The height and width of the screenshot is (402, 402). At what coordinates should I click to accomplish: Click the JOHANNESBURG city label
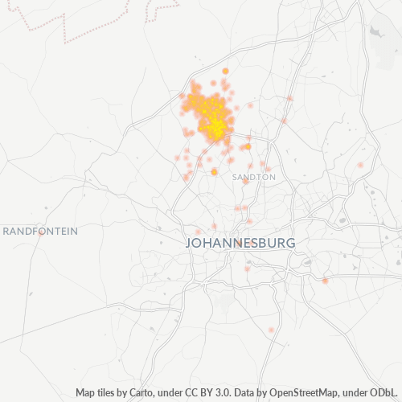pos(240,242)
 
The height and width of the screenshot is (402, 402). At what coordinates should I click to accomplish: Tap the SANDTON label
pos(253,176)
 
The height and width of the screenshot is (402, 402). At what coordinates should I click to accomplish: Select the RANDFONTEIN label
pos(40,231)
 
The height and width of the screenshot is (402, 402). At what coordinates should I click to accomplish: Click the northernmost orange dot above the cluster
pos(225,71)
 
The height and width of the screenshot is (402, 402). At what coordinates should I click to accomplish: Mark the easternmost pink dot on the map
pos(359,165)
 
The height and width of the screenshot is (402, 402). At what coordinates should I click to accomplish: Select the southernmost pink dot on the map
pos(272,330)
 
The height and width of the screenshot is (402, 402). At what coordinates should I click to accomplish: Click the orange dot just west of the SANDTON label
pos(215,171)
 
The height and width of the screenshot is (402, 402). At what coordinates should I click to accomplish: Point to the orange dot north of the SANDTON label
pos(248,146)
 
